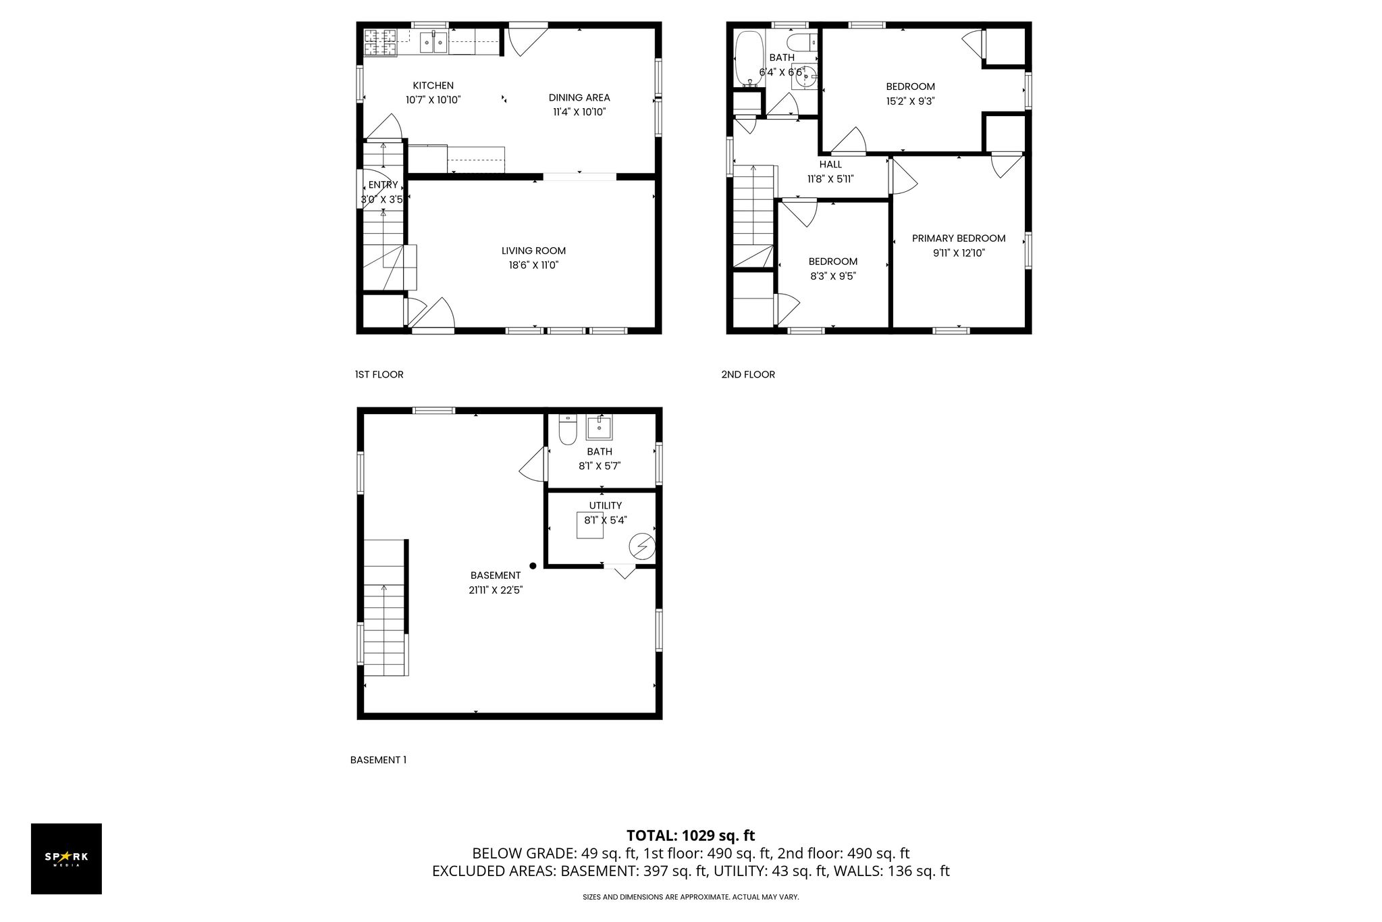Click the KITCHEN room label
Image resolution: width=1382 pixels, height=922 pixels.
point(433,86)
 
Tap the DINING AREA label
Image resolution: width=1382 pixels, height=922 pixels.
point(579,98)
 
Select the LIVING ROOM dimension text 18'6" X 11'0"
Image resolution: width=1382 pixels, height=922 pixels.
point(534,265)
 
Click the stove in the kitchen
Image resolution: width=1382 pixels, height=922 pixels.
point(381,43)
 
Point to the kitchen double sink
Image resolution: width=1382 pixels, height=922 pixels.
point(433,43)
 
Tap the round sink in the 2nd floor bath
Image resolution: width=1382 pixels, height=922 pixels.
point(805,77)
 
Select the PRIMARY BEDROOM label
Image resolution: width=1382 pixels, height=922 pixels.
point(959,238)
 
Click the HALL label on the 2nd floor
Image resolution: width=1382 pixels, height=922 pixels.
point(830,164)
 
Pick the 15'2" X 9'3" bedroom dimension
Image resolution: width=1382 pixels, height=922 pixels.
point(910,101)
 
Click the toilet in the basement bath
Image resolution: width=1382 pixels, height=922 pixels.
point(567,430)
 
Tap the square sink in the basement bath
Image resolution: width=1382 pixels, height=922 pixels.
point(599,427)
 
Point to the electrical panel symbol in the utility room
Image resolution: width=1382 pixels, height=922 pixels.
point(642,546)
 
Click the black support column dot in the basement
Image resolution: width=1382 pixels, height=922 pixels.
point(533,566)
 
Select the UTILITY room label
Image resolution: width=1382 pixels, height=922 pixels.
point(606,505)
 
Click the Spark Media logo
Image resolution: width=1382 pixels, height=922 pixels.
point(66,859)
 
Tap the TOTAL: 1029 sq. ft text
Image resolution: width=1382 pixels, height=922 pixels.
point(691,836)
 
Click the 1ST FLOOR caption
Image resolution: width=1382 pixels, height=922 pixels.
point(379,374)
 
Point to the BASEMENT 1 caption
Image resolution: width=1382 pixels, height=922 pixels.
point(378,760)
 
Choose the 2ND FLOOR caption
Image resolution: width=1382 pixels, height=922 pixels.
point(748,374)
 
